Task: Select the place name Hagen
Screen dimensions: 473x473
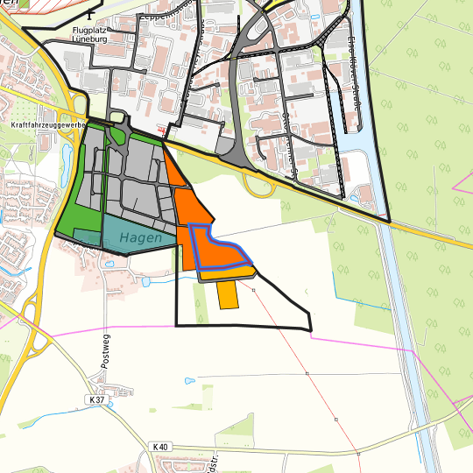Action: pyautogui.click(x=141, y=236)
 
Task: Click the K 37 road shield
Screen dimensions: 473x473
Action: pyautogui.click(x=97, y=399)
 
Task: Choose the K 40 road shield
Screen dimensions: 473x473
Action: pyautogui.click(x=160, y=447)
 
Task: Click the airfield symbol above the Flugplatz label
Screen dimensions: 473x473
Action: pyautogui.click(x=92, y=15)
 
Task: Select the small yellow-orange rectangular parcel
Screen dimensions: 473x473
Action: pyautogui.click(x=228, y=294)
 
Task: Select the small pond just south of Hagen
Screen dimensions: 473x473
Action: pyautogui.click(x=145, y=282)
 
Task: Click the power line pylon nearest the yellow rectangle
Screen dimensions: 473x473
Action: pyautogui.click(x=254, y=289)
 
